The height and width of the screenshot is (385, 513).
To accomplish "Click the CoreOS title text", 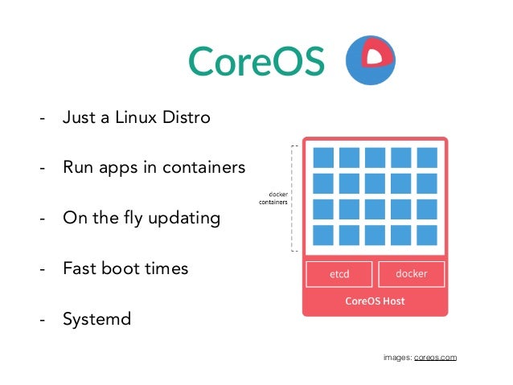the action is [256, 60].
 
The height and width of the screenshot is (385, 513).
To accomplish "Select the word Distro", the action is [186, 118].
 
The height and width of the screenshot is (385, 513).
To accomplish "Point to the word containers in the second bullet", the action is [200, 168].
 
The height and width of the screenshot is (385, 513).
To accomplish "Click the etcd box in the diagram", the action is [339, 273].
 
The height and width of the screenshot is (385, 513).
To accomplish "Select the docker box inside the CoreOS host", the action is [411, 273].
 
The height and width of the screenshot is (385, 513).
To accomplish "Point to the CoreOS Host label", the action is [375, 301].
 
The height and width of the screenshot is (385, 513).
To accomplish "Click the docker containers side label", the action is [274, 198].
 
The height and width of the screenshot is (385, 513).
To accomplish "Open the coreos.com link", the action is [435, 356].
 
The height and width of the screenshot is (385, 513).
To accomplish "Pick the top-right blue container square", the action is [427, 158].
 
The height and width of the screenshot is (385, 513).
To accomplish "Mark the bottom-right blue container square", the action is [427, 235].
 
